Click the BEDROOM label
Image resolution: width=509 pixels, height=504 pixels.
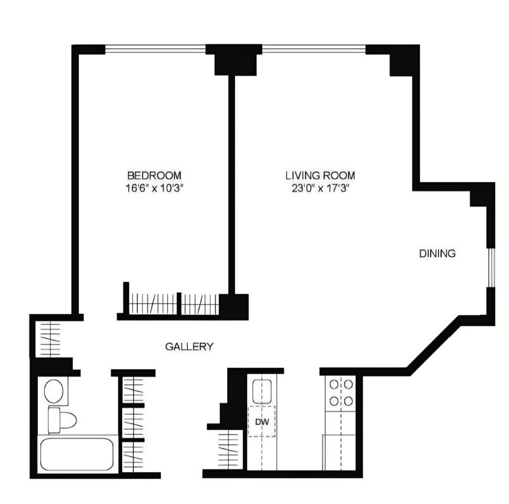(x=154, y=176)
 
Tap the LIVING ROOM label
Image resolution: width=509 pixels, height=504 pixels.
(x=320, y=176)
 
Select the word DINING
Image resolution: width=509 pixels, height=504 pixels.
(x=437, y=253)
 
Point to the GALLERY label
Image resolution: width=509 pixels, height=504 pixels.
(x=189, y=347)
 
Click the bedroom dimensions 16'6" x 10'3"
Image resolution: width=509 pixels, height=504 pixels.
(x=155, y=188)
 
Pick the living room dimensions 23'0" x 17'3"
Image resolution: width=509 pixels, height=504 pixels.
(x=320, y=188)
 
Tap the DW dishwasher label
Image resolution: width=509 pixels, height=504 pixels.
(x=262, y=422)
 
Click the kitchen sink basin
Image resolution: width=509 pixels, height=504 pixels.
(x=262, y=391)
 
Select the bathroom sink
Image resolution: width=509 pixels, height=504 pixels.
(x=54, y=391)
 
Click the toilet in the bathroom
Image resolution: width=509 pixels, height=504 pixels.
(x=62, y=420)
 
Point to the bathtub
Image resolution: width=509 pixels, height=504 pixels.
(x=77, y=454)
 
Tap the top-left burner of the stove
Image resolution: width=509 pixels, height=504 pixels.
(x=334, y=385)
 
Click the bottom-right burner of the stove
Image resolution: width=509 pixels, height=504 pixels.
(x=348, y=401)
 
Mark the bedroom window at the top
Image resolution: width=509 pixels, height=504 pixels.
(x=155, y=49)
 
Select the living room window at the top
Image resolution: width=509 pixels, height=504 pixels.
(x=314, y=49)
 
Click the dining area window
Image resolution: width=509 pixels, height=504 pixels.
(x=491, y=268)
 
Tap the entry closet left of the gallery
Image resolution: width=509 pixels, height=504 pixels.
(x=48, y=339)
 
